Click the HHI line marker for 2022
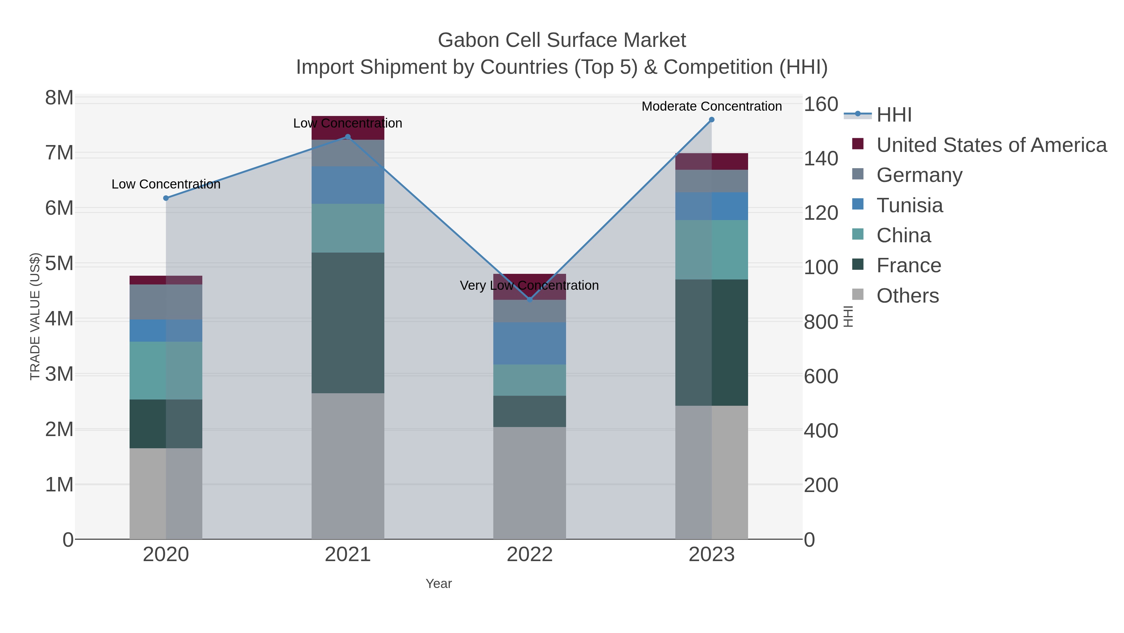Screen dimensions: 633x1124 point(530,300)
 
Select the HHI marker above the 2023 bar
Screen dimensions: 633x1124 point(712,120)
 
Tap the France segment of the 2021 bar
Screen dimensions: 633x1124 point(348,323)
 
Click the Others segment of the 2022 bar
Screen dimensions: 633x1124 point(530,483)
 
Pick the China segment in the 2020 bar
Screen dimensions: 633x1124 point(166,370)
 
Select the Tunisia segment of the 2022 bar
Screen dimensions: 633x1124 point(530,343)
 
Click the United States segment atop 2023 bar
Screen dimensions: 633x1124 point(712,161)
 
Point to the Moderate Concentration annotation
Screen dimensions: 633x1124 point(712,106)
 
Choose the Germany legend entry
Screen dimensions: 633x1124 point(919,175)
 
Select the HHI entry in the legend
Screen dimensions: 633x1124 point(894,115)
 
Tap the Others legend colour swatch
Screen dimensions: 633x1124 point(858,295)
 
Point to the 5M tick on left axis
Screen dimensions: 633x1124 point(59,264)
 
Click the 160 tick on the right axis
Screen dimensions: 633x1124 point(821,104)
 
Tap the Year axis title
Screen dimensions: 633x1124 point(439,584)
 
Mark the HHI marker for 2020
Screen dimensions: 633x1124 point(166,198)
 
